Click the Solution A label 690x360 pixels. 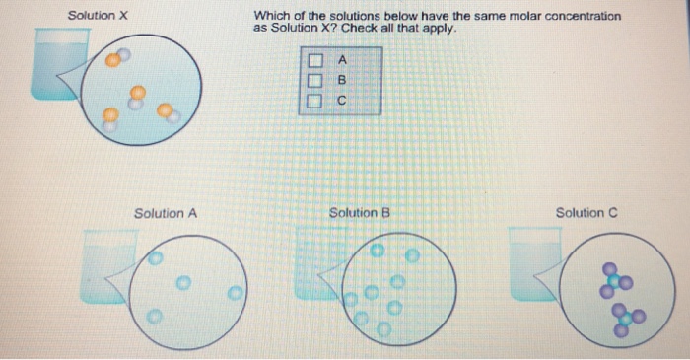166,213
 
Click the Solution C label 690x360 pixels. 586,213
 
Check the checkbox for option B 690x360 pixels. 313,81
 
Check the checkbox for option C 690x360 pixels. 313,100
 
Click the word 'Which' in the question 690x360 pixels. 271,16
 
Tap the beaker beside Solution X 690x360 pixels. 54,64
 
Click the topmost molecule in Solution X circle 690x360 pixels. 117,57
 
